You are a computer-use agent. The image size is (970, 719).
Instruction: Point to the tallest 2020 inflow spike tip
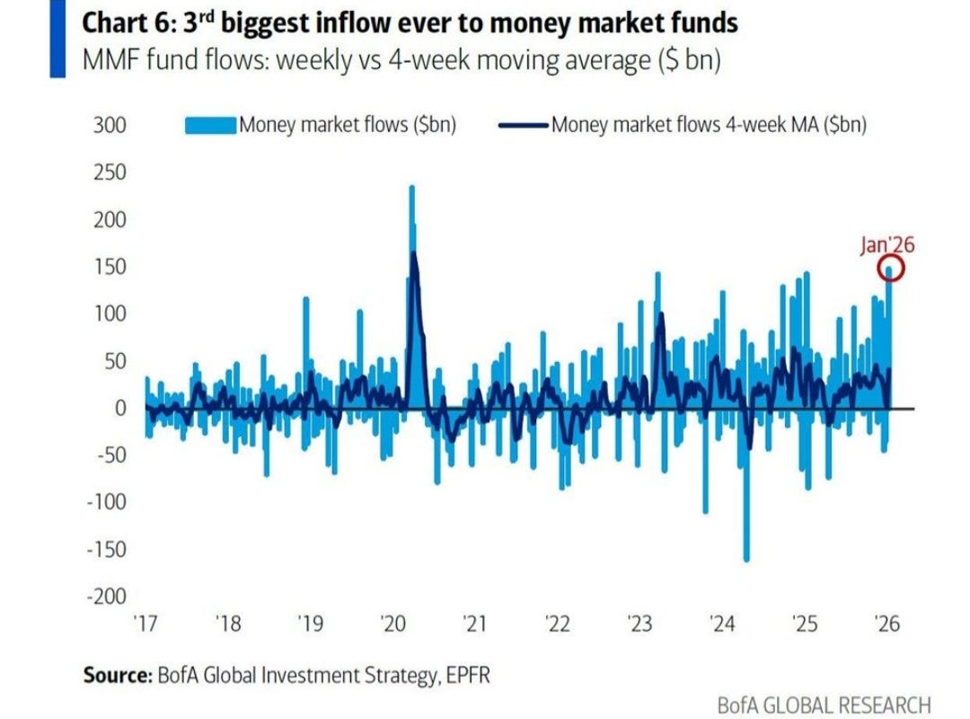411,188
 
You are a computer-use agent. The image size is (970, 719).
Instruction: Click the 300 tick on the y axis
109,125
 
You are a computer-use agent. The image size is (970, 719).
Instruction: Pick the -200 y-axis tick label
105,596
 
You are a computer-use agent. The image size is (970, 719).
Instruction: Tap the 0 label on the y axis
118,408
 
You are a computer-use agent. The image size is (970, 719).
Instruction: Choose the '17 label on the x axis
145,624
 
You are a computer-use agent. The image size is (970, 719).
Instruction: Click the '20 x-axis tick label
392,624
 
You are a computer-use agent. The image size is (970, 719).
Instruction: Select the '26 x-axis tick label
886,624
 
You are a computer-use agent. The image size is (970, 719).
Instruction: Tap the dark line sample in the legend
522,125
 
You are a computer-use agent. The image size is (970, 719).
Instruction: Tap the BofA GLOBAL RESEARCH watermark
824,704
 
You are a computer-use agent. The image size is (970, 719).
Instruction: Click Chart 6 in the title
119,22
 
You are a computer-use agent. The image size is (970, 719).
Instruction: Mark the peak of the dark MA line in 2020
414,253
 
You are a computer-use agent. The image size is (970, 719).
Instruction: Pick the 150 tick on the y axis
109,267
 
